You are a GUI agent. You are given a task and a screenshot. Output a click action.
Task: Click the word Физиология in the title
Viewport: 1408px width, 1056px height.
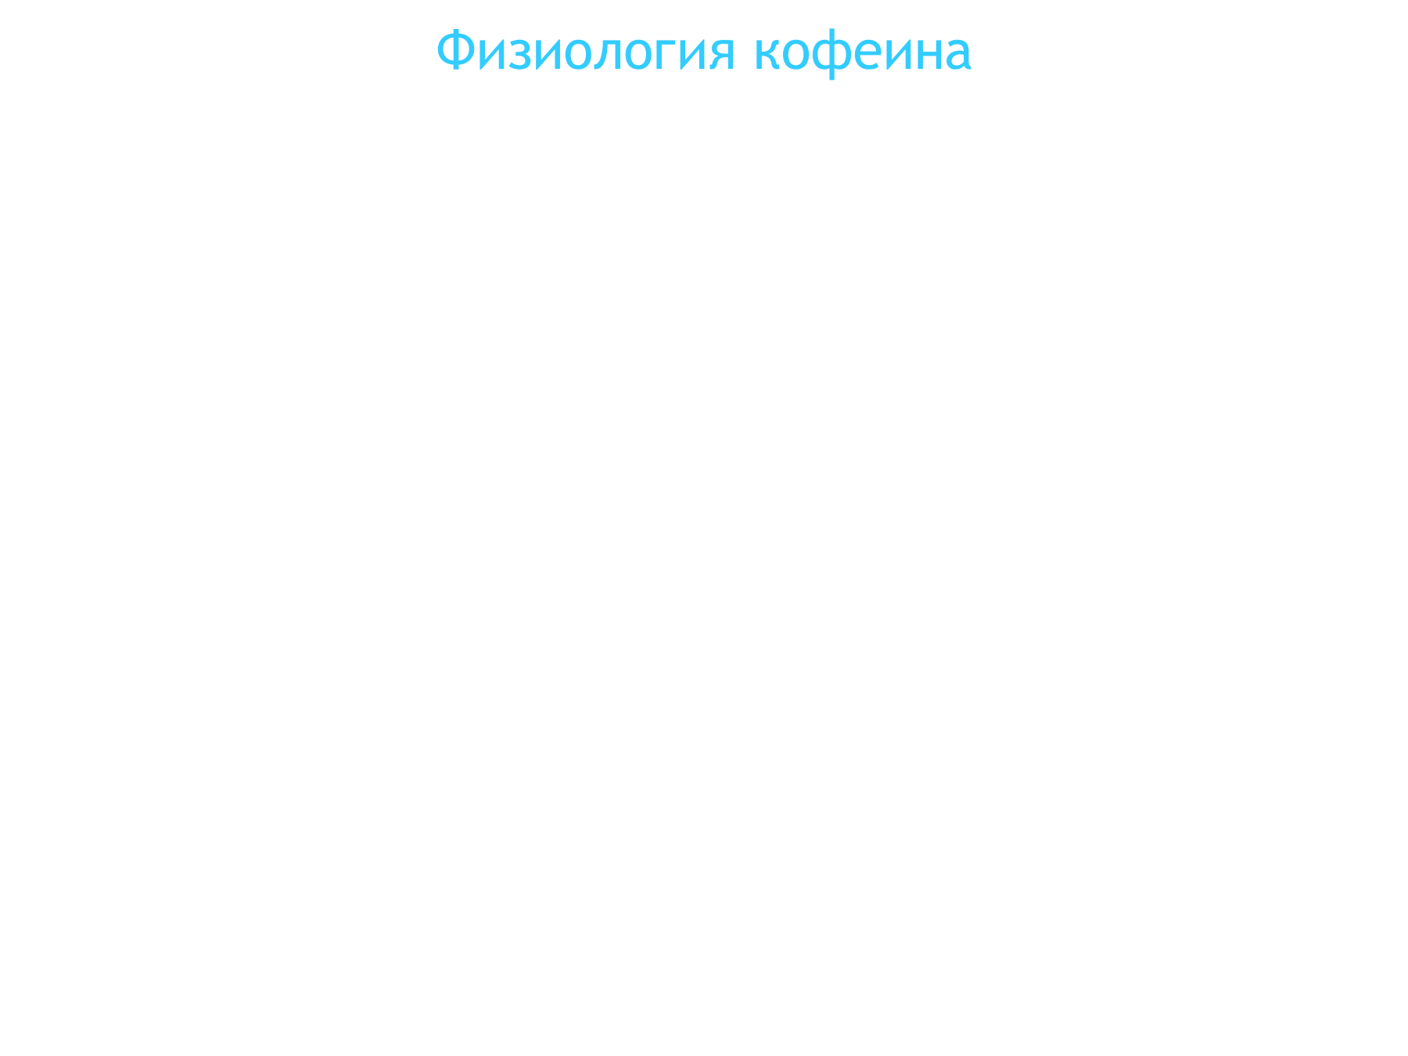pos(586,52)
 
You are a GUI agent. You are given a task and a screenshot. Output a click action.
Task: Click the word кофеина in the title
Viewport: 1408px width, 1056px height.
pos(863,52)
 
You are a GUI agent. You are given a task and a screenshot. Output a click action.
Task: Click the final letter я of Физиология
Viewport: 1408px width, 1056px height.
pos(722,55)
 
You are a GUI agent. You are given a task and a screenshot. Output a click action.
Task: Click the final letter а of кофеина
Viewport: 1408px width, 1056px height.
pos(960,55)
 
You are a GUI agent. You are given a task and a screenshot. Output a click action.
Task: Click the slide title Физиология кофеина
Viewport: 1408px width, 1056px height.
pos(704,52)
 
